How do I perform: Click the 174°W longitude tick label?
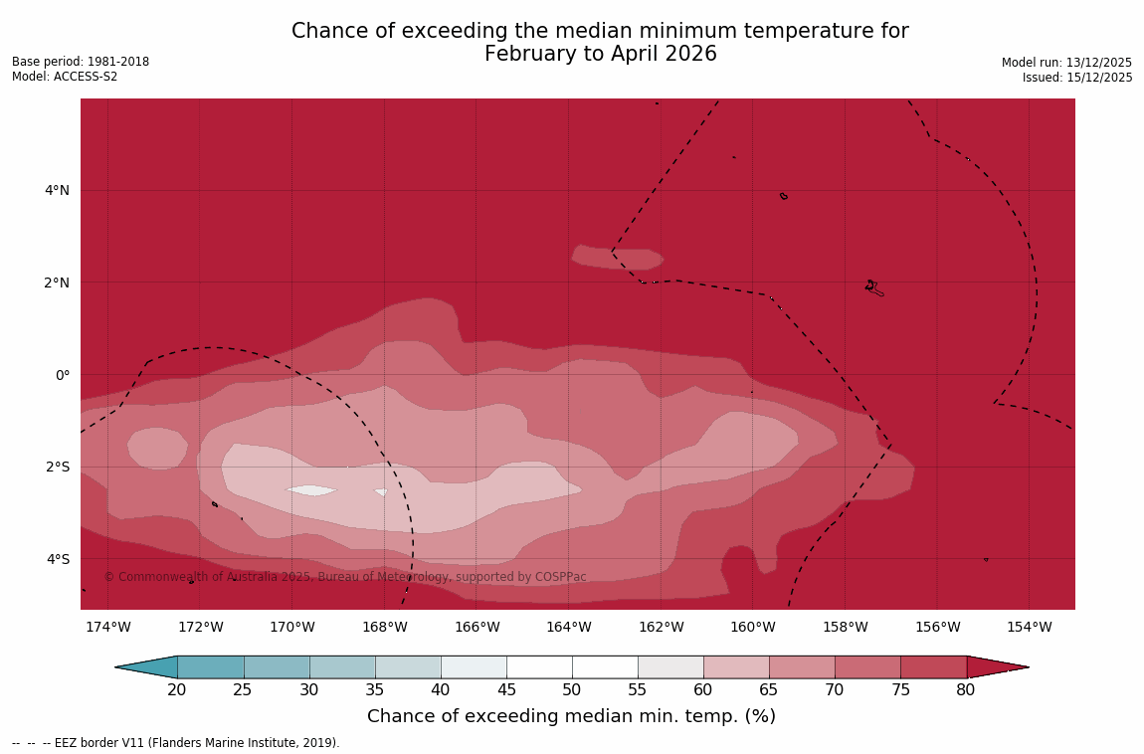click(107, 627)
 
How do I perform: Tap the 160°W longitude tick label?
click(752, 627)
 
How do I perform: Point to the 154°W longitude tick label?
click(1029, 627)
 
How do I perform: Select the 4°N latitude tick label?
click(58, 190)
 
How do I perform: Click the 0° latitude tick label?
click(63, 375)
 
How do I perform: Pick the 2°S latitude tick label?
click(58, 467)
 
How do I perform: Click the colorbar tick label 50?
click(572, 690)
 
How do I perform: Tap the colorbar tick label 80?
click(966, 690)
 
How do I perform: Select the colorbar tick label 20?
click(177, 690)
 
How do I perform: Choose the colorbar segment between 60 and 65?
click(736, 667)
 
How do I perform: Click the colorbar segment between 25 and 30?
click(277, 667)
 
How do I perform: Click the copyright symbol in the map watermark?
click(109, 577)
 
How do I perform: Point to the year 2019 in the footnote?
click(321, 743)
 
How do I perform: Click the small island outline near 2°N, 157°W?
click(873, 288)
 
